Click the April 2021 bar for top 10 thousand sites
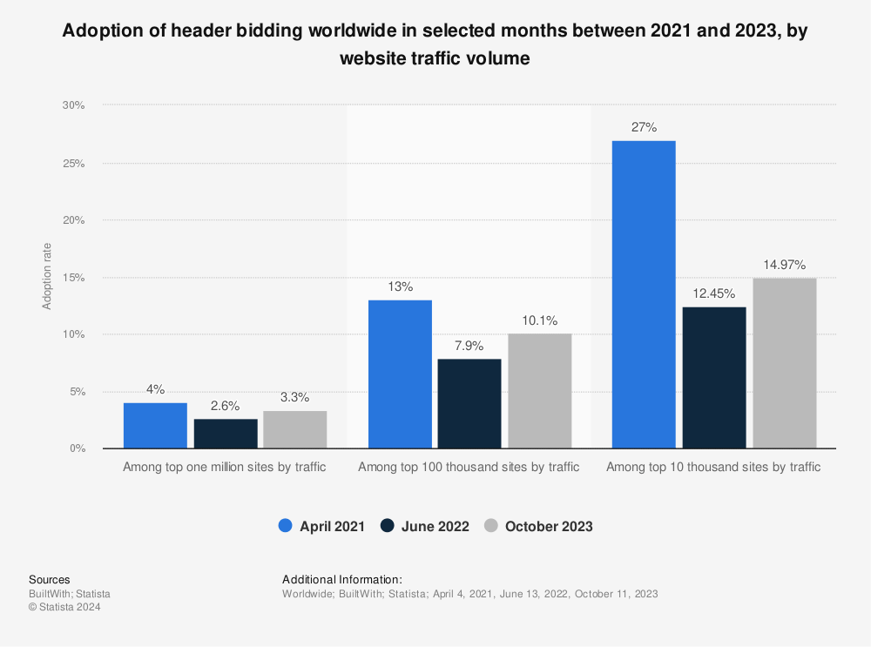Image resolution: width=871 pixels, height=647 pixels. (644, 294)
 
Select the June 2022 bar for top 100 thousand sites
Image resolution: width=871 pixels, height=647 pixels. (469, 403)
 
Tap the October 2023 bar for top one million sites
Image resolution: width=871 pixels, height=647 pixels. (294, 429)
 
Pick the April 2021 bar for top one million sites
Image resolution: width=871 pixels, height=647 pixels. (155, 426)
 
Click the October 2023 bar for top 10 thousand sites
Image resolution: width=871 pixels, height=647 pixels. (784, 363)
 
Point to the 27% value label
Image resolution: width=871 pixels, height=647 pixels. (644, 127)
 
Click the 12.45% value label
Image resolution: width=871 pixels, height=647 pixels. (714, 293)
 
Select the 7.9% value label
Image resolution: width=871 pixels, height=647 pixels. (469, 346)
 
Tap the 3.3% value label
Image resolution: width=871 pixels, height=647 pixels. (294, 398)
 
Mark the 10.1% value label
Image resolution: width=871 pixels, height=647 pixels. (540, 320)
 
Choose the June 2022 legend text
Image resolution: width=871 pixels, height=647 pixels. (435, 526)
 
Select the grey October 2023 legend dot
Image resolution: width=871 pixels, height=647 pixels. (491, 526)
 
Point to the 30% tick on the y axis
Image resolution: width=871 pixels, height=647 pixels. (73, 105)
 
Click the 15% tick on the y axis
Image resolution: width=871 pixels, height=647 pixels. (73, 278)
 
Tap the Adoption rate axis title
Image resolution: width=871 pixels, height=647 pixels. (47, 277)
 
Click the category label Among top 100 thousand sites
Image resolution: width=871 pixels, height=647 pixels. (469, 467)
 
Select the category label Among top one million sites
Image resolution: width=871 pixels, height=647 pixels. (225, 467)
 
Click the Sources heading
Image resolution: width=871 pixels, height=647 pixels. (50, 579)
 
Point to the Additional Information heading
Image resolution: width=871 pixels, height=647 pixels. (342, 579)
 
